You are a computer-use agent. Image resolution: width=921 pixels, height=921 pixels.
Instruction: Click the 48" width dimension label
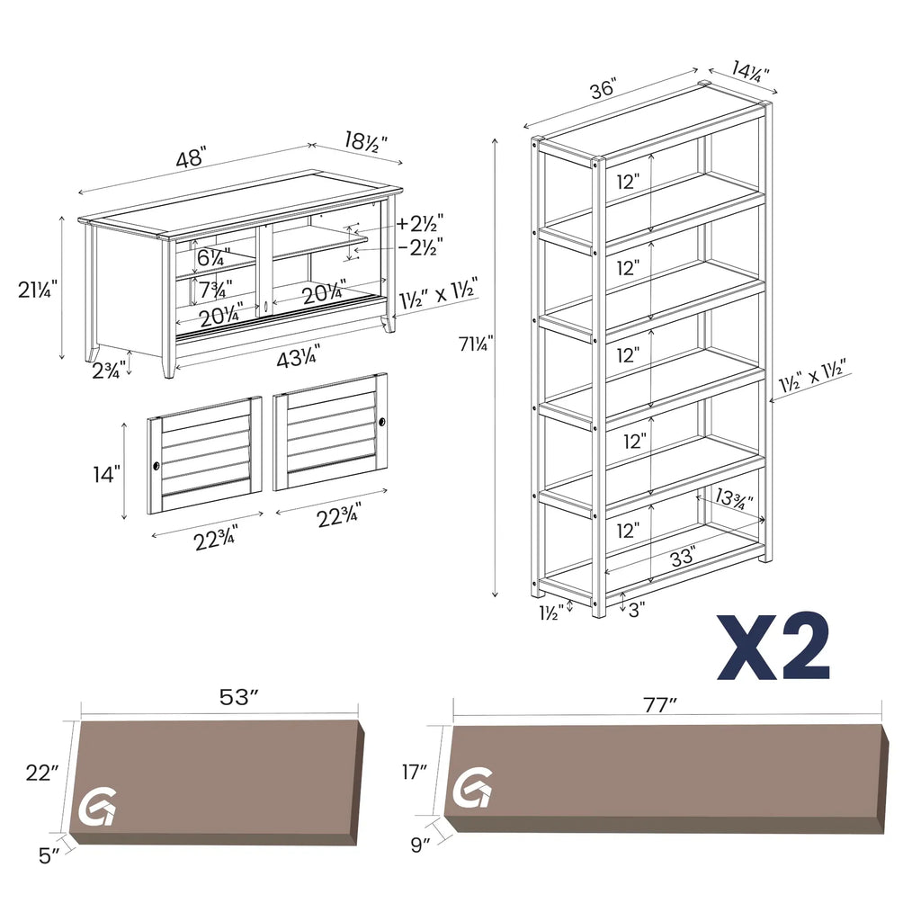click(x=192, y=160)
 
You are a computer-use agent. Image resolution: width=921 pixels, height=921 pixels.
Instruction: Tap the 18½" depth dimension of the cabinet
click(x=365, y=140)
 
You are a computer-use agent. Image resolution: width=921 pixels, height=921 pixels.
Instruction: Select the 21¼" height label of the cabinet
click(x=38, y=290)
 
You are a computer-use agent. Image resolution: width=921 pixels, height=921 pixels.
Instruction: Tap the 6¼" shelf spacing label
click(x=214, y=257)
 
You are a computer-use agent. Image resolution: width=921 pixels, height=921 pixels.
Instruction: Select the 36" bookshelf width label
click(x=602, y=90)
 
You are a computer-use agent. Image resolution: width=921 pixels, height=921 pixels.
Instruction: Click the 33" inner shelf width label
click(x=682, y=558)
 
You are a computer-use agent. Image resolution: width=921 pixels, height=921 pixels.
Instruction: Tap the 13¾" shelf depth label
click(x=735, y=498)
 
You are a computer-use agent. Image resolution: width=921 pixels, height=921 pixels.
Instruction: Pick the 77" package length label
click(x=659, y=705)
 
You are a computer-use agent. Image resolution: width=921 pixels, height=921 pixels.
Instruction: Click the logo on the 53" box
click(x=96, y=809)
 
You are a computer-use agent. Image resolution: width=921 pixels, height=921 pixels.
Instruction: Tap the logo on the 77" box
click(x=472, y=788)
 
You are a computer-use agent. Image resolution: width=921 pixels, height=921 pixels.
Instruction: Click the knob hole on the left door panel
click(x=156, y=467)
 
